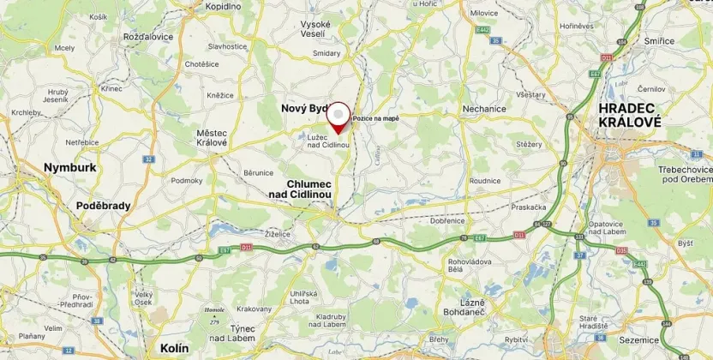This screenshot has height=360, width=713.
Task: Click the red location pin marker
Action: click(340, 117)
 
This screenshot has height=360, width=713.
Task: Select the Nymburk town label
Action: click(70, 168)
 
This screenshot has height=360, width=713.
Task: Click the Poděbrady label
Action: click(102, 206)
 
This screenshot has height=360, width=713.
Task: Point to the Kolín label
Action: click(174, 348)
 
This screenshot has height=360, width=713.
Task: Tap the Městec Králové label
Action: click(212, 137)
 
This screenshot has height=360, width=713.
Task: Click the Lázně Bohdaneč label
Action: click(463, 311)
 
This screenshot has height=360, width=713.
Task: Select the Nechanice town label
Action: click(486, 110)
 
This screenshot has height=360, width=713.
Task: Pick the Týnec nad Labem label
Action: click(235, 334)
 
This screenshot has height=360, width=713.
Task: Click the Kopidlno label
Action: click(224, 6)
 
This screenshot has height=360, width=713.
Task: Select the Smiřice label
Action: click(659, 40)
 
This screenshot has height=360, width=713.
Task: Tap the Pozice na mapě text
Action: click(375, 117)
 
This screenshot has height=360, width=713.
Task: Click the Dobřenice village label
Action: click(448, 220)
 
